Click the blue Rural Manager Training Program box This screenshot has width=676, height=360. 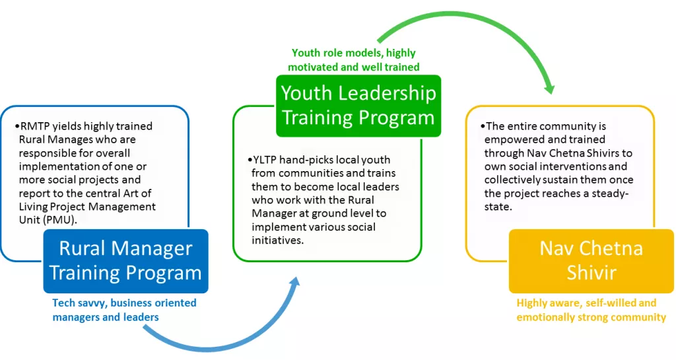click(x=126, y=261)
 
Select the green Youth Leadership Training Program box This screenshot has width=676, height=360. click(x=358, y=106)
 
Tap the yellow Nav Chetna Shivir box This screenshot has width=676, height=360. click(x=591, y=261)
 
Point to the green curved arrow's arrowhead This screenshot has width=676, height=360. click(x=549, y=87)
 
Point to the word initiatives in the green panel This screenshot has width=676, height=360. click(x=278, y=240)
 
